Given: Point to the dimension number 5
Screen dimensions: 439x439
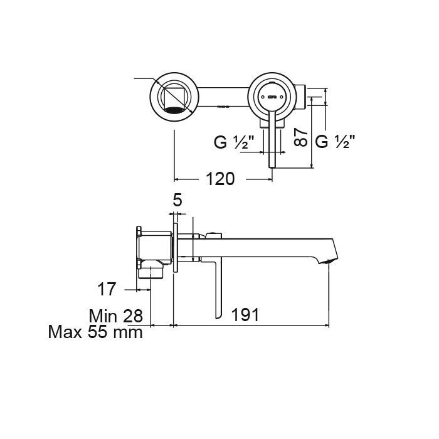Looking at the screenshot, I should click(177, 201).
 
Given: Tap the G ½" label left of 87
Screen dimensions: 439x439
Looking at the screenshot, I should click(234, 142).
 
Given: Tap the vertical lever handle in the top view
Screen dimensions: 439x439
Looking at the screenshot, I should click(272, 141).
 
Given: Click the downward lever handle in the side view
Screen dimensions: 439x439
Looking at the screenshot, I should click(218, 288).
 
